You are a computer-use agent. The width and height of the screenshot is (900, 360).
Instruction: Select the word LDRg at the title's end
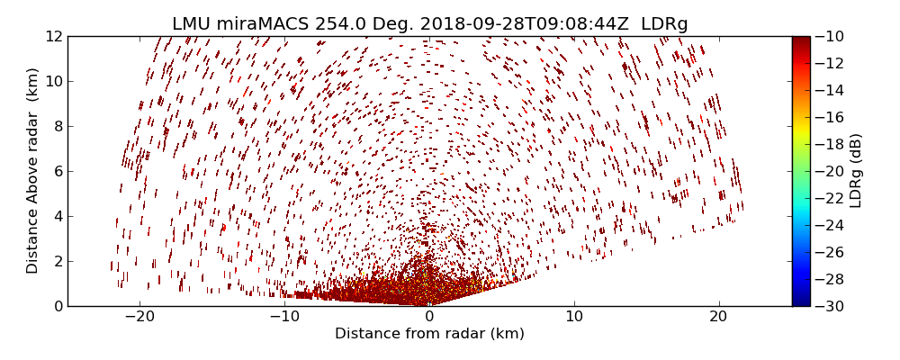pos(664,24)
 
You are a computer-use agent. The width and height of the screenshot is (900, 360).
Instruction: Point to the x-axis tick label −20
pos(139,318)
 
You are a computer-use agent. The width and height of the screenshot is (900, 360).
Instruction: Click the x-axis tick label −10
pos(284,318)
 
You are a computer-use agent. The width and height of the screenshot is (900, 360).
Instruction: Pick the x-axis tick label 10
pos(574,318)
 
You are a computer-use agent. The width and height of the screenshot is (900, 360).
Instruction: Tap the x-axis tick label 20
pos(718,318)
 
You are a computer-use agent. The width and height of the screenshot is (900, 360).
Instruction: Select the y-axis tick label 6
pos(56,171)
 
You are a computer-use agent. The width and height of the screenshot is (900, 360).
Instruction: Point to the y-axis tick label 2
pos(56,261)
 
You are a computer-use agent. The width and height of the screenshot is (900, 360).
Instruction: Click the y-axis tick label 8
pos(56,126)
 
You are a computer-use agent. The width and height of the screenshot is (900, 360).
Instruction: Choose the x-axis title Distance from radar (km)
pos(429,334)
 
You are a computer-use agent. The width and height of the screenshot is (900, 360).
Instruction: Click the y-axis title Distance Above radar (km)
pos(33,171)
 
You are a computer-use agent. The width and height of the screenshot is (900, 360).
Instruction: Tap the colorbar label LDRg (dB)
pos(856,171)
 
